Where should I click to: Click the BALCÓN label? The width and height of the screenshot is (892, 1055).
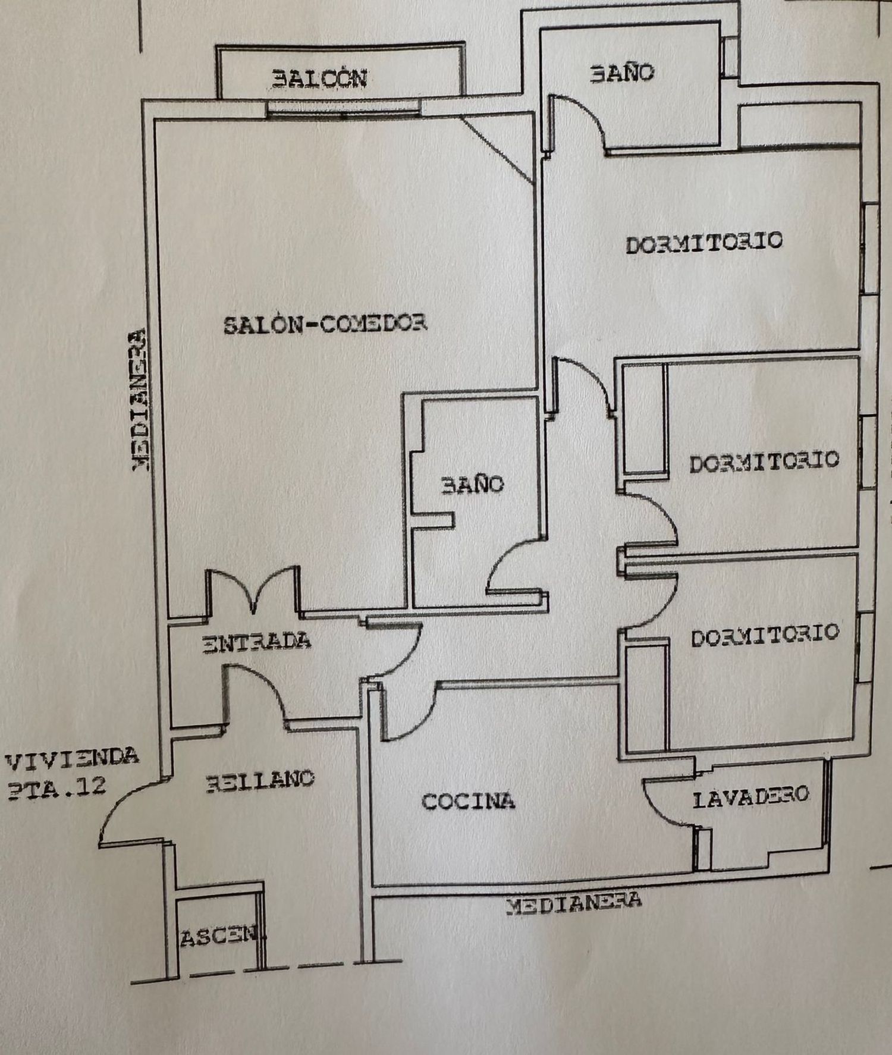point(319,79)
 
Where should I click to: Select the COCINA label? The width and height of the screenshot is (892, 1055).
point(468,801)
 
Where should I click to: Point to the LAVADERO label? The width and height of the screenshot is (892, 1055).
point(750,796)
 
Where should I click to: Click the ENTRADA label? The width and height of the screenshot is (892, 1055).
point(257,642)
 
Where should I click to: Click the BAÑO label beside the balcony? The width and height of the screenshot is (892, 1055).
point(622,73)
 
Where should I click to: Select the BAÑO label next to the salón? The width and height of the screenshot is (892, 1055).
point(472,485)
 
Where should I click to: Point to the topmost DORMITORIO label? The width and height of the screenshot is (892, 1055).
point(703,243)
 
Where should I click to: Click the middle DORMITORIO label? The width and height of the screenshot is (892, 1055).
point(764,461)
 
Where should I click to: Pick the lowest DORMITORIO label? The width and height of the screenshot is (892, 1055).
point(765,635)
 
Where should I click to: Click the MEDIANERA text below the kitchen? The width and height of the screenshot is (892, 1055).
point(573,903)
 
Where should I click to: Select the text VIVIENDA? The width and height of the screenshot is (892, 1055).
point(72,758)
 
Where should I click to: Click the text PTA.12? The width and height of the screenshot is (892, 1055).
point(56,787)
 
